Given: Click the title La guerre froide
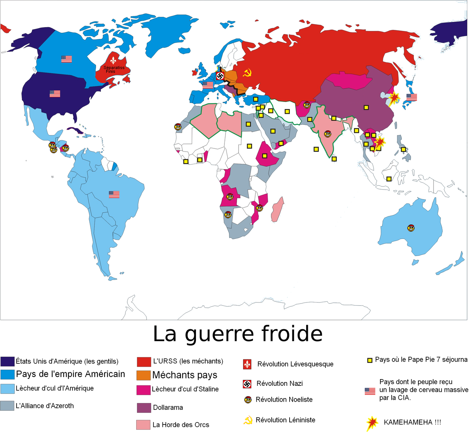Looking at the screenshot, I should coord(238,334).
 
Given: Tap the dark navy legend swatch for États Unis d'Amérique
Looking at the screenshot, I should coord(7,361).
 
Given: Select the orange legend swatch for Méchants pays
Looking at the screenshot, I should coord(144,375).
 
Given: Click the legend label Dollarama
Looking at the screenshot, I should coord(168,408).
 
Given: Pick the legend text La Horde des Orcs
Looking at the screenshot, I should coord(180,425).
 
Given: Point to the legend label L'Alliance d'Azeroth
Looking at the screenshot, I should coord(45,406).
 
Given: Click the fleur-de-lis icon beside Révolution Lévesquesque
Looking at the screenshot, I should coord(247,364).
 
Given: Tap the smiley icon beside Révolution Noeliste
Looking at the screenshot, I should coord(248,400).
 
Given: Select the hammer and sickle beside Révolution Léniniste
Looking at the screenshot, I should coord(248,420).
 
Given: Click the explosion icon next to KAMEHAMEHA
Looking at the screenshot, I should coord(372,423).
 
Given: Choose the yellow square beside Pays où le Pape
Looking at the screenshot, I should coord(370,360).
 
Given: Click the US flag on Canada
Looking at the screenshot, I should coord(66,59).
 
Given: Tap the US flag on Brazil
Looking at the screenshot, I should coord(114,194).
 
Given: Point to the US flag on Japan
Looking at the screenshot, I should coord(412,97).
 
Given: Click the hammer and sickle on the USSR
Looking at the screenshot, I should coord(248,73).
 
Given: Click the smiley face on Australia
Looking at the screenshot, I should coord(411,228).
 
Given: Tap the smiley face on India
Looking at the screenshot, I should coord(328,134).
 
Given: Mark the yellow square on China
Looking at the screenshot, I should coord(366,108).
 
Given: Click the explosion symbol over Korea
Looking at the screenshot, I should coord(394,98).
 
